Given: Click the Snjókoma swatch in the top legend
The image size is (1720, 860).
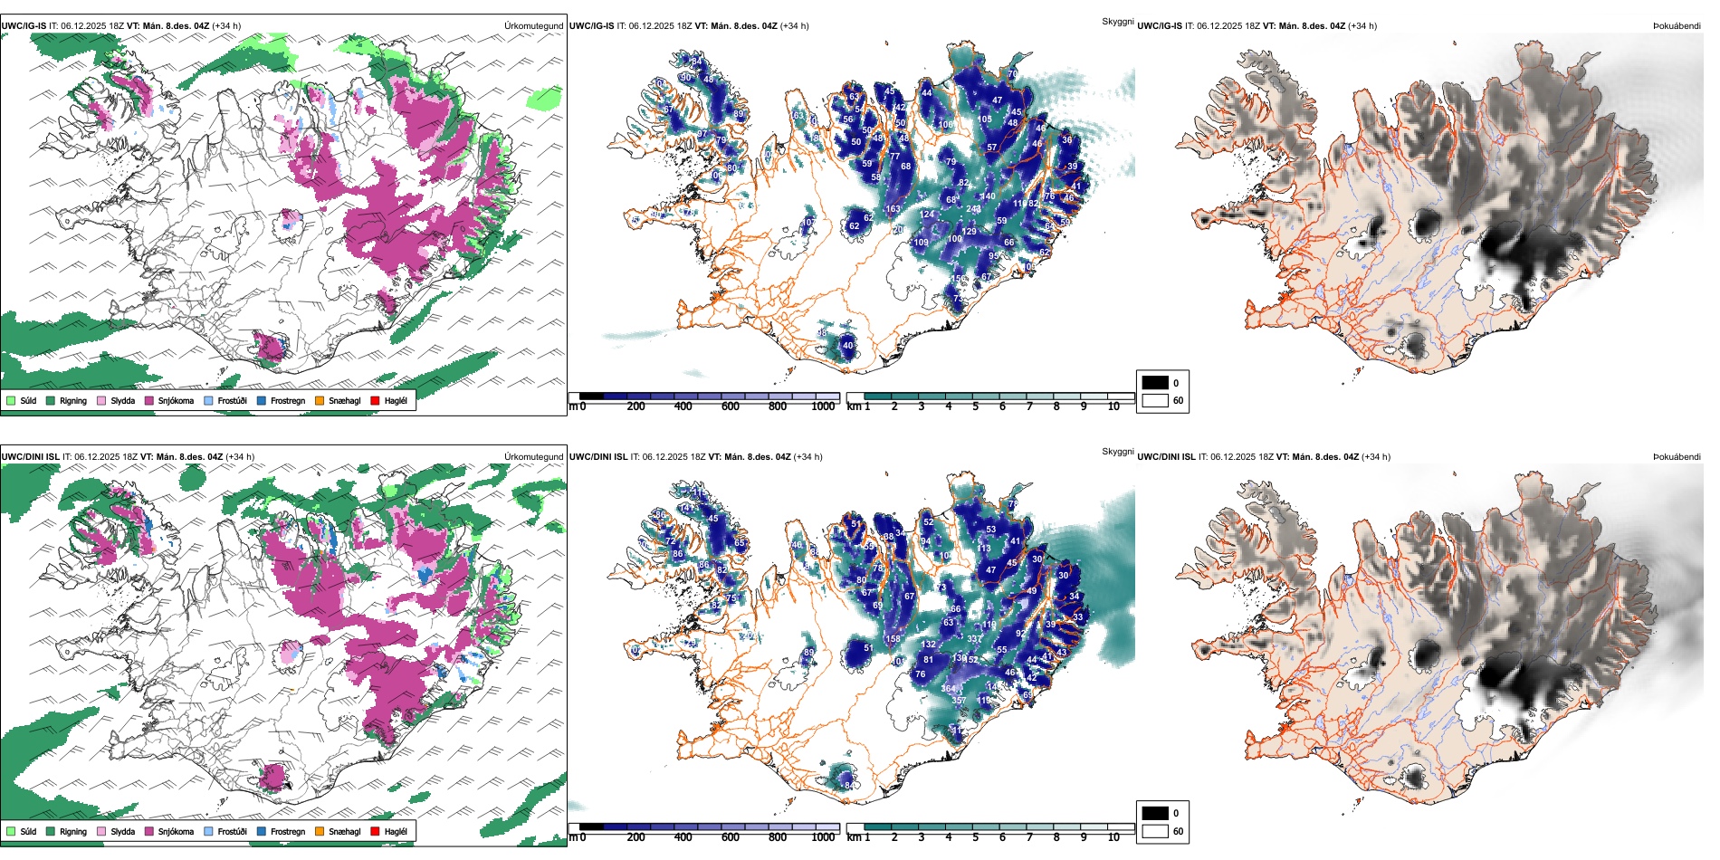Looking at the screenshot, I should [x=149, y=400].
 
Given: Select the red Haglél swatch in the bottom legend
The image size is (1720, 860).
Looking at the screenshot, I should [x=375, y=831].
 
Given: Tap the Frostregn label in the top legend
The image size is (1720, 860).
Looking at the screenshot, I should [x=287, y=400].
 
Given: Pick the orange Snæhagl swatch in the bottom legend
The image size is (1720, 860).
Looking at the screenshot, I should [x=320, y=831].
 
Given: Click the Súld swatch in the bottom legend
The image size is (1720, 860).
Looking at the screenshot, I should [x=11, y=831].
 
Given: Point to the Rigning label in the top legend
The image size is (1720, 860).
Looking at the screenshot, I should [x=73, y=400].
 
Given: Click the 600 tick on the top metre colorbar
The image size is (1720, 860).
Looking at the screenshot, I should [x=730, y=406].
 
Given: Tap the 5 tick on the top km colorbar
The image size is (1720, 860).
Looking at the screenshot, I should [x=975, y=406].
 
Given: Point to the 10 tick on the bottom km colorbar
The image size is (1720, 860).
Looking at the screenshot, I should [x=1113, y=837].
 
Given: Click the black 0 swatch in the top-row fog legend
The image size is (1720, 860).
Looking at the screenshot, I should [x=1155, y=383].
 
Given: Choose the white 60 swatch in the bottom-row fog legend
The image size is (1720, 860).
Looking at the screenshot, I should [x=1155, y=831].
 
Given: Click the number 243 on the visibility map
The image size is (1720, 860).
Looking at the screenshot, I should [x=973, y=209].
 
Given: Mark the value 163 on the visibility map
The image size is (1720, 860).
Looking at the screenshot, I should [x=893, y=209].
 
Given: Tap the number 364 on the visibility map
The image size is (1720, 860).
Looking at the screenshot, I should [x=948, y=689].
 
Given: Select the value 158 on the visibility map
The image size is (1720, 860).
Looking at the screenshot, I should [x=893, y=639].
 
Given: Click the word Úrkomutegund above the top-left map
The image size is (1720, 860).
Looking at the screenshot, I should [x=533, y=26].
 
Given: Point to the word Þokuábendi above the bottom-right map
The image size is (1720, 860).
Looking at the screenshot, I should [x=1677, y=457].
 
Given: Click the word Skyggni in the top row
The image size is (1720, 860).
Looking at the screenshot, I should [x=1117, y=21].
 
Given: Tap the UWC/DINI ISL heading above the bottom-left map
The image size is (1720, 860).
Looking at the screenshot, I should [x=30, y=457].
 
